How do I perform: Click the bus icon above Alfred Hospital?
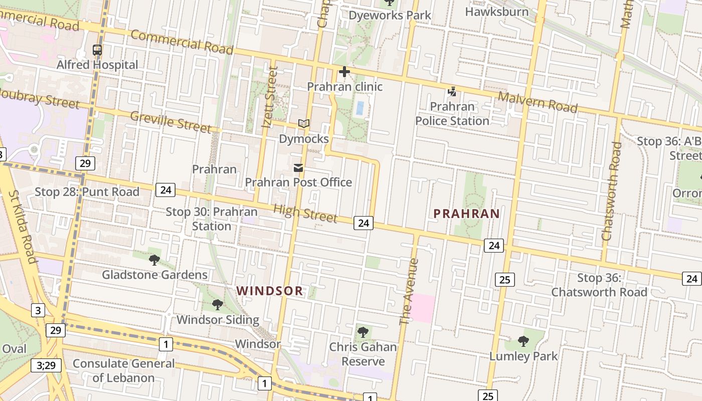click(x=97, y=50)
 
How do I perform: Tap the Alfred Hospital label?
click(x=97, y=65)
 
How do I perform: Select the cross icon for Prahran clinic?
click(x=344, y=72)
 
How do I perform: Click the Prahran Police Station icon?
click(x=452, y=92)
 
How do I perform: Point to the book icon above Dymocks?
click(x=304, y=123)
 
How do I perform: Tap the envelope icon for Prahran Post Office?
click(x=298, y=168)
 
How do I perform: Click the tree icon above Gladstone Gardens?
click(x=154, y=260)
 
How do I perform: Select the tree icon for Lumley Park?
click(x=523, y=341)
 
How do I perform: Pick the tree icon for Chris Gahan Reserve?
click(x=363, y=332)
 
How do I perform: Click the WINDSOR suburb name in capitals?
click(x=270, y=291)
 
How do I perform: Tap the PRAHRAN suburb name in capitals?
click(x=467, y=214)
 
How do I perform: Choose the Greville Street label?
click(x=171, y=122)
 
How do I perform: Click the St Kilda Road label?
click(x=23, y=227)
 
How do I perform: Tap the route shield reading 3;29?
click(x=46, y=365)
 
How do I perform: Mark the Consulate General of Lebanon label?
click(x=124, y=370)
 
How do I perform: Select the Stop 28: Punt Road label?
click(x=87, y=192)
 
